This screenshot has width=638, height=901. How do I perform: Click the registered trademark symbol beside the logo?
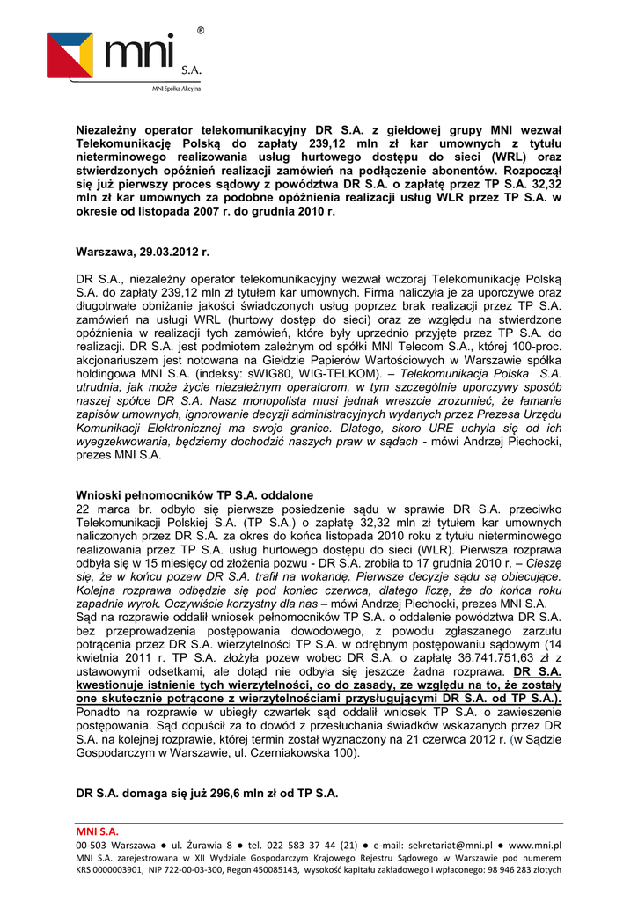click(x=200, y=31)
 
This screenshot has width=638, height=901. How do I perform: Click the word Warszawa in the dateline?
click(x=105, y=253)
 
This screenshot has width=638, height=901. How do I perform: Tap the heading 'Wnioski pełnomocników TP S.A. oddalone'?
click(x=194, y=496)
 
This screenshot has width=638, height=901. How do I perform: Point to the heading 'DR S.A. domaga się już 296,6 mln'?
click(x=207, y=793)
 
